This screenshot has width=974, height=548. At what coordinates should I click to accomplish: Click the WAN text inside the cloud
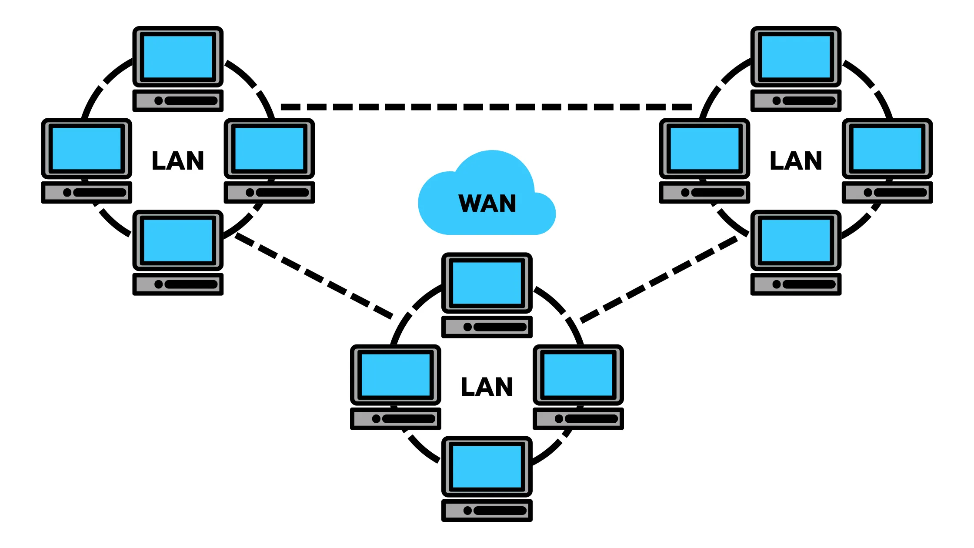coord(487,204)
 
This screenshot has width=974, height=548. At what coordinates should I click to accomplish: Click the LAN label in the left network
coord(178,160)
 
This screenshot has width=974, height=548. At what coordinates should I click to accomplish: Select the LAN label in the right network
coord(796,160)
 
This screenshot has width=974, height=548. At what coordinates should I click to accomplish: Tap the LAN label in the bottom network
coord(487,387)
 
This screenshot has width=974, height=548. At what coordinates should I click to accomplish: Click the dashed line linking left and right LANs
coord(486,107)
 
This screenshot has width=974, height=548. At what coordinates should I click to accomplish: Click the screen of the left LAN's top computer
coord(178,57)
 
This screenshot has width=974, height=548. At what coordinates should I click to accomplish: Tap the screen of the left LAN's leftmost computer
coord(86,148)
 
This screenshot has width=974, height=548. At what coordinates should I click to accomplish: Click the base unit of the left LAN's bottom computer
coord(178,284)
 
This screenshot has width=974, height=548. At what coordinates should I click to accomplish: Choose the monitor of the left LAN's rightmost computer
coord(269,148)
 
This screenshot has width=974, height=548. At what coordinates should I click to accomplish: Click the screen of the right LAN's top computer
coord(796,57)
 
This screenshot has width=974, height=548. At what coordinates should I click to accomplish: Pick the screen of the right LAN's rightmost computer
coord(887,148)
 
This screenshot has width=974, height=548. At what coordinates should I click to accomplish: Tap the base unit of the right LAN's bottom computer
coord(796,284)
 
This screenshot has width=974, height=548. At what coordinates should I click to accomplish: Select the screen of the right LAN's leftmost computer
coord(704,148)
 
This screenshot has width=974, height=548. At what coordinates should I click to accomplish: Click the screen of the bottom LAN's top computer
coord(487,283)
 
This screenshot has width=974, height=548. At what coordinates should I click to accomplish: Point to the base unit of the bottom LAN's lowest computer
coord(487,510)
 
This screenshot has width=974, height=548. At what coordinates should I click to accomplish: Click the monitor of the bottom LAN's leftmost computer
coord(395,374)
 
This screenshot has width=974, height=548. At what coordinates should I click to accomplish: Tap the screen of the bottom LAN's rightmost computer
coord(578,374)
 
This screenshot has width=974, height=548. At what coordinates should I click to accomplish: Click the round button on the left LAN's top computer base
coord(158,100)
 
